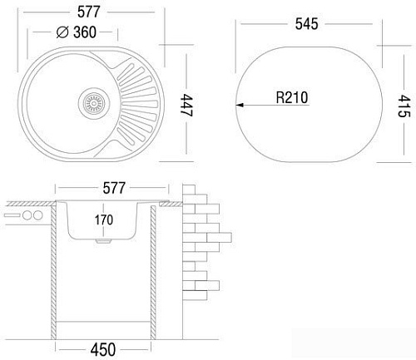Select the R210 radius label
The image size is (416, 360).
point(291,98)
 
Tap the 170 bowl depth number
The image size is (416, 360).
point(102,221)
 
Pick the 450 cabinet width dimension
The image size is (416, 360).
point(103,349)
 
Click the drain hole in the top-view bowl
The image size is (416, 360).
point(93,104)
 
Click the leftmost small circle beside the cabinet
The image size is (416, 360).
point(25,216)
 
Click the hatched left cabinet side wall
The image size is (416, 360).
point(53,274)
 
